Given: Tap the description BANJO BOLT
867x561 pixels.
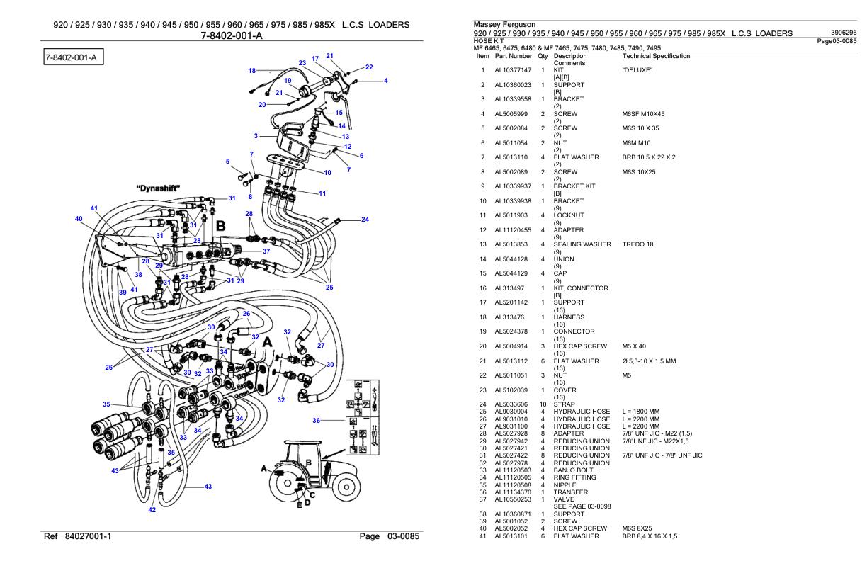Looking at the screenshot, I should click(576, 469).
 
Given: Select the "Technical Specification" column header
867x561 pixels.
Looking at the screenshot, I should click(655, 55).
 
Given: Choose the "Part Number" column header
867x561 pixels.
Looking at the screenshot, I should click(514, 55).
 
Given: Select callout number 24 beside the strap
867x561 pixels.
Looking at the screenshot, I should click(365, 220).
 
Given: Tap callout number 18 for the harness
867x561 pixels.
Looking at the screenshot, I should click(251, 70).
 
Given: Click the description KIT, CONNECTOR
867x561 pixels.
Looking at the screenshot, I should click(581, 288).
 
